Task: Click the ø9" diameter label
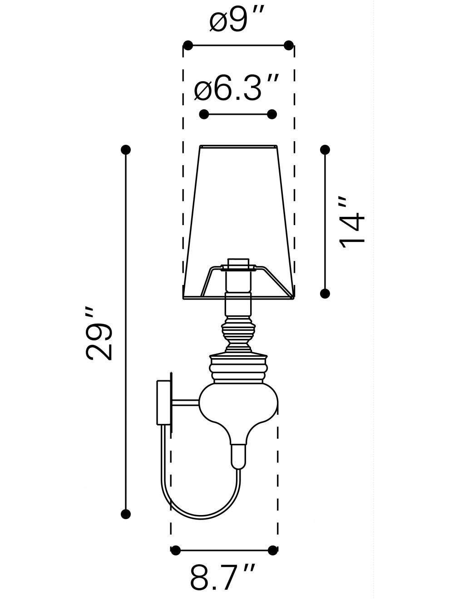[237, 19]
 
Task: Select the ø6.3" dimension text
[237, 88]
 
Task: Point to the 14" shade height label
[352, 223]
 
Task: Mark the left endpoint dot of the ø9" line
[188, 45]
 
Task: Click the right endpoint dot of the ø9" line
[289, 45]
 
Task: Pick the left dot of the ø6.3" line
[204, 114]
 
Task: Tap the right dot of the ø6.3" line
[271, 114]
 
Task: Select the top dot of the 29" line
[126, 150]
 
